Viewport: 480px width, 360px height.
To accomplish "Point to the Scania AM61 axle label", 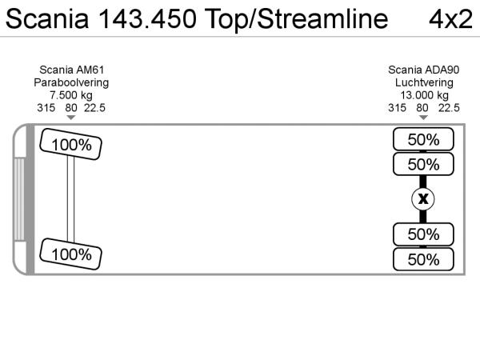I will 71,70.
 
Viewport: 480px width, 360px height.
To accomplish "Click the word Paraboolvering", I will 71,83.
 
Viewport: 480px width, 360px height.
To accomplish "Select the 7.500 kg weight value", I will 71,95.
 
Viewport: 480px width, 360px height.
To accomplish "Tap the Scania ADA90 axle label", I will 423,70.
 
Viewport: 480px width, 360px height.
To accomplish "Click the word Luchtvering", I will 423,83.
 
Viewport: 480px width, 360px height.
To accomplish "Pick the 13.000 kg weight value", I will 423,95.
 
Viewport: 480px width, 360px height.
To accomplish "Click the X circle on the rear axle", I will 423,199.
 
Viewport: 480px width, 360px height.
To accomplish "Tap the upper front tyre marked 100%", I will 71,145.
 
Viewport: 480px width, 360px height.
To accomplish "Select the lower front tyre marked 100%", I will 71,254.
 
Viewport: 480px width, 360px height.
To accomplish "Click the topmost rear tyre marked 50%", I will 423,139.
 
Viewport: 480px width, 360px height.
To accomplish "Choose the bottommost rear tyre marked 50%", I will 423,259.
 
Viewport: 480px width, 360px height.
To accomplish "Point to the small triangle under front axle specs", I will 71,118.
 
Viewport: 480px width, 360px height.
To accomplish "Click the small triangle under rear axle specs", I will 423,118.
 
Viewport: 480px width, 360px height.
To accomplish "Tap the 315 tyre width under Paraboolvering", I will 46,107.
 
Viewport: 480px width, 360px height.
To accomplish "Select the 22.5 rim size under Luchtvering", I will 450,107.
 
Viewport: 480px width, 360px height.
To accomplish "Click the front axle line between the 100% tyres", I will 71,199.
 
